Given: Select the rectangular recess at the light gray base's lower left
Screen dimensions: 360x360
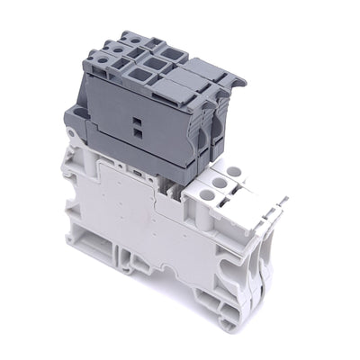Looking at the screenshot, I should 90,248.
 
